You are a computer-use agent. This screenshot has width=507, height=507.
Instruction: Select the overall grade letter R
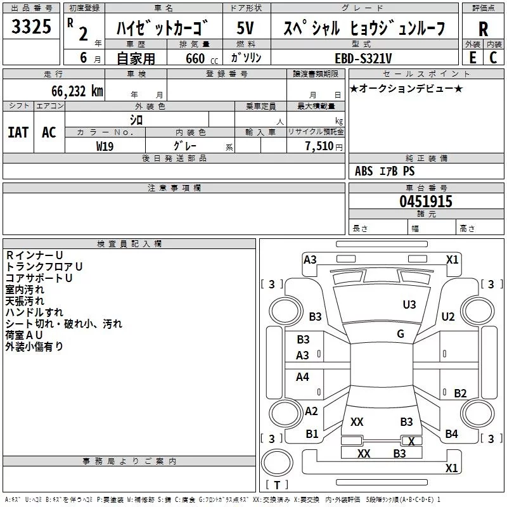[x=483, y=29]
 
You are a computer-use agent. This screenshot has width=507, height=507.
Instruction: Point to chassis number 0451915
[x=425, y=202]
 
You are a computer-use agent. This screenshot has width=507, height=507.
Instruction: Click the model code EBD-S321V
[x=363, y=58]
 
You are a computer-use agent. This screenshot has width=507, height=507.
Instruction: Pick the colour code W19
[x=105, y=146]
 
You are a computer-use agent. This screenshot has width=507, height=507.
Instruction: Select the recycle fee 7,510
[x=319, y=146]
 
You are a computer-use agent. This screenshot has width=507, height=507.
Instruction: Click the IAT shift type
[x=18, y=132]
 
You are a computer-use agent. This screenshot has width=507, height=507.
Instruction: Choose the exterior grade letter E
[x=472, y=58]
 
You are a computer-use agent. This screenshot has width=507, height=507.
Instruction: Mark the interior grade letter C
[x=493, y=58]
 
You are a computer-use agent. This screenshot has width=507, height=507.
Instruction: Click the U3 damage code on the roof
[x=409, y=305]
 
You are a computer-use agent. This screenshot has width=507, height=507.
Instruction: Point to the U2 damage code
[x=448, y=316]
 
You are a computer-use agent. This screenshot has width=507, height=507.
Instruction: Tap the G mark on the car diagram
[x=401, y=334]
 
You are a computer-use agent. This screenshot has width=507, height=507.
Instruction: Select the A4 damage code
[x=303, y=377]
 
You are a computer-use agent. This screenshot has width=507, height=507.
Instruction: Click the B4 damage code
[x=451, y=434]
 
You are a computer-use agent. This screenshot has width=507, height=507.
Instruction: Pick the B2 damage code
[x=460, y=394]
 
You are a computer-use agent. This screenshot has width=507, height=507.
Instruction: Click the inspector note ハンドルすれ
[x=34, y=312]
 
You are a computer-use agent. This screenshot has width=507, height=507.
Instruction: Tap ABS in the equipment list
[x=364, y=171]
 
